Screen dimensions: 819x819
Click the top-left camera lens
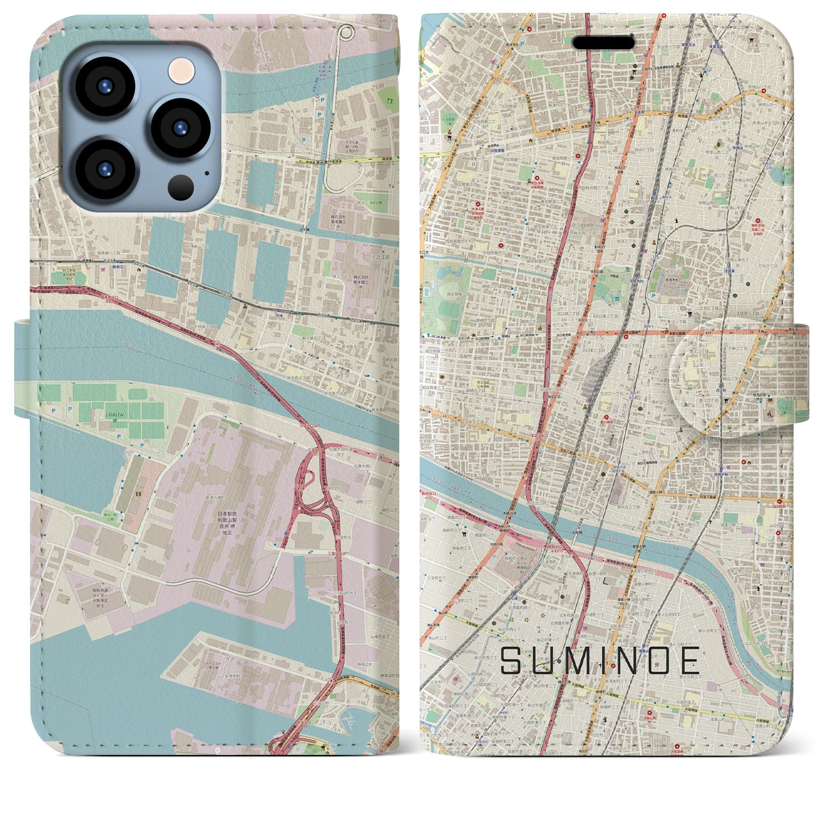[x=104, y=86]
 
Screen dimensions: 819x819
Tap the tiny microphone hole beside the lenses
[x=207, y=172]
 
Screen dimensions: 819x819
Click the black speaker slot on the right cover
[x=603, y=42]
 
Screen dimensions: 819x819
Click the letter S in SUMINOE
[x=512, y=660]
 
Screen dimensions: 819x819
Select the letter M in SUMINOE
[x=578, y=660]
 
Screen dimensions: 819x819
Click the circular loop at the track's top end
[x=346, y=31]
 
